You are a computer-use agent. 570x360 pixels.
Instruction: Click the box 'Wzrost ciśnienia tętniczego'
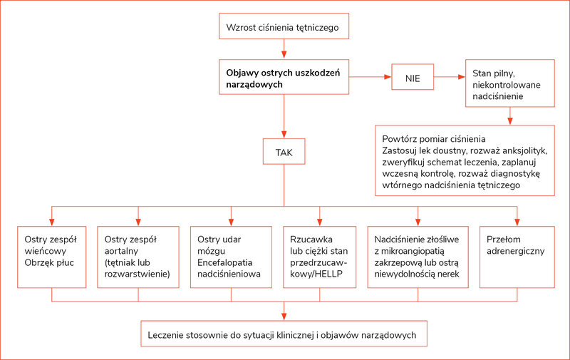pyautogui.click(x=284, y=26)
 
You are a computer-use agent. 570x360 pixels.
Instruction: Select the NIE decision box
pyautogui.click(x=413, y=77)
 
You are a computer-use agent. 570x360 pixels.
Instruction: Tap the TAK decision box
pyautogui.click(x=284, y=151)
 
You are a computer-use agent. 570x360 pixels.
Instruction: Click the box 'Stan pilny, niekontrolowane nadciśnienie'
pyautogui.click(x=510, y=83)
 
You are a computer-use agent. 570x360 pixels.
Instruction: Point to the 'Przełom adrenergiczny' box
pyautogui.click(x=517, y=257)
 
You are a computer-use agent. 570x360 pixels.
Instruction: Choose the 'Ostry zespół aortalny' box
pyautogui.click(x=138, y=257)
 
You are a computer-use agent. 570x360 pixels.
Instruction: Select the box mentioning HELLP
pyautogui.click(x=319, y=257)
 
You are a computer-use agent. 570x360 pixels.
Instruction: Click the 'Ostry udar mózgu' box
pyautogui.click(x=231, y=257)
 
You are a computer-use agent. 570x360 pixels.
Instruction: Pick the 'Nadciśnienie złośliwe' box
pyautogui.click(x=418, y=257)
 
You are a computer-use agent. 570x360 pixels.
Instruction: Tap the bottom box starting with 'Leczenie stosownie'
pyautogui.click(x=284, y=334)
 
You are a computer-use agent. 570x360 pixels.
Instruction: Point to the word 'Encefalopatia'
pyautogui.click(x=224, y=262)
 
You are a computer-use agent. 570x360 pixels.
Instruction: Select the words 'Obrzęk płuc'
pyautogui.click(x=49, y=263)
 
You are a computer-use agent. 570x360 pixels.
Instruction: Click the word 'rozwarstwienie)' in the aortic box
pyautogui.click(x=137, y=274)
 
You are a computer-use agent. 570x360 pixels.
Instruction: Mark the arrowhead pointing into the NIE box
pyautogui.click(x=388, y=77)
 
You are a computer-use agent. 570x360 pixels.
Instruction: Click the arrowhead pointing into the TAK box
pyautogui.click(x=284, y=135)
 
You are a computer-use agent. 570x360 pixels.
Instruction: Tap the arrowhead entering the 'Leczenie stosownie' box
pyautogui.click(x=284, y=317)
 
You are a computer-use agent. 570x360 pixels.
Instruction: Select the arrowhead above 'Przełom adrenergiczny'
pyautogui.click(x=517, y=222)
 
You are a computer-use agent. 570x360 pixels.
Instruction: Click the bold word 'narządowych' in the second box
pyautogui.click(x=254, y=85)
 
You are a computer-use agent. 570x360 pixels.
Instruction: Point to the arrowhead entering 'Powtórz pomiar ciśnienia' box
pyautogui.click(x=510, y=121)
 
